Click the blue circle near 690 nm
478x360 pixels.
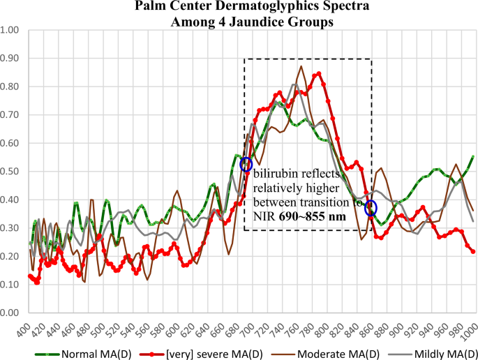246,165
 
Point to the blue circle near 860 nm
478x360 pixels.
371,207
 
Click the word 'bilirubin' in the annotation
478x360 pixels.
275,174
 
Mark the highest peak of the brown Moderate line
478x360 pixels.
301,66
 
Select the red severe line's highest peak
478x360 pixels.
318,73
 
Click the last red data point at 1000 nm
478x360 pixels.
473,251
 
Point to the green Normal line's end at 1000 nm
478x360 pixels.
473,156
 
